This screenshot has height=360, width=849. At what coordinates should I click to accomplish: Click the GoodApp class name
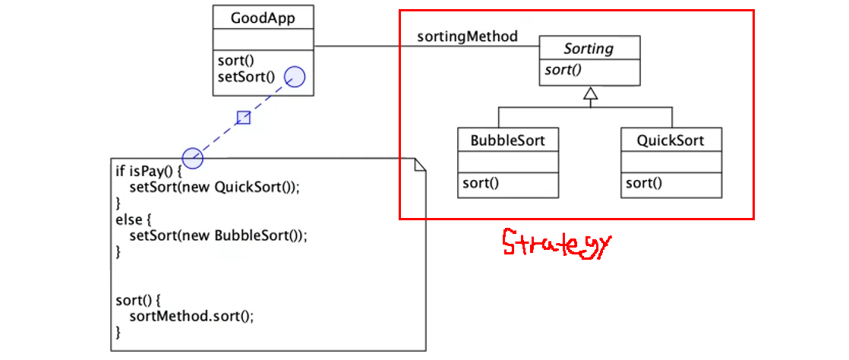click(263, 17)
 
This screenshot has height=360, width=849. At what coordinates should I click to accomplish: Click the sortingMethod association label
click(467, 36)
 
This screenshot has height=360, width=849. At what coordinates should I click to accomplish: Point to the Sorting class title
click(589, 49)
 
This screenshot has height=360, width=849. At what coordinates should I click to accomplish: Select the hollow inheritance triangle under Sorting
click(590, 94)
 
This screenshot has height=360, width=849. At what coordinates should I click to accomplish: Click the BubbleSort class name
click(507, 141)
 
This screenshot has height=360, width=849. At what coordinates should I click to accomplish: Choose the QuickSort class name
click(671, 141)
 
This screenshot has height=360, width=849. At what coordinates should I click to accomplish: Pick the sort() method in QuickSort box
click(643, 183)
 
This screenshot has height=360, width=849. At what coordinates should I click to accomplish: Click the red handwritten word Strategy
click(557, 245)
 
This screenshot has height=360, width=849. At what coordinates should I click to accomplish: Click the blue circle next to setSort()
click(295, 77)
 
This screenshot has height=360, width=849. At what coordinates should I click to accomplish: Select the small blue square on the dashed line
click(243, 117)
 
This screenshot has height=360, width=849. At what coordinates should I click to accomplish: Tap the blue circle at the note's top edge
click(193, 158)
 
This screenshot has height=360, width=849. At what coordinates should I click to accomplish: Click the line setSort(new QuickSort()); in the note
click(214, 187)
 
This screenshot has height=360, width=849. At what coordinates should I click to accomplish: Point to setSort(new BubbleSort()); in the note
click(218, 235)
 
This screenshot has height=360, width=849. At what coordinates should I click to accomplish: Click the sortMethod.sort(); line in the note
click(191, 316)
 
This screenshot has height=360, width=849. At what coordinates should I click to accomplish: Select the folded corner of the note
click(419, 165)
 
